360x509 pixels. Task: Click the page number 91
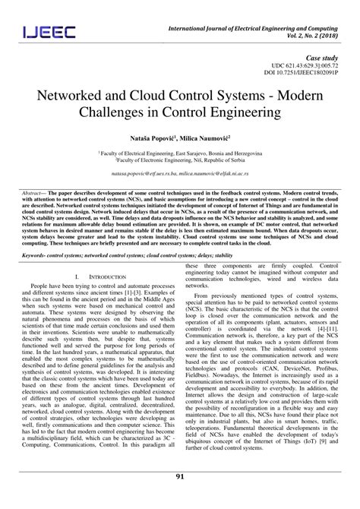pyautogui.click(x=180, y=498)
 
